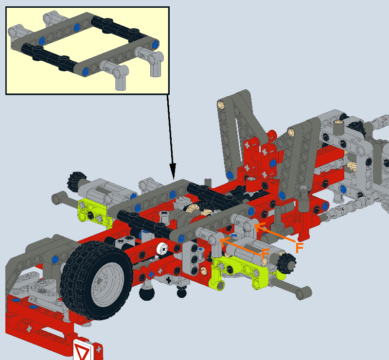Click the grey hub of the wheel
click(x=107, y=282)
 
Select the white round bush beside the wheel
click(x=162, y=248)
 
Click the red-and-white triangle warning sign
click(x=82, y=350)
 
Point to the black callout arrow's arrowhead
click(x=173, y=171)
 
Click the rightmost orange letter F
click(x=300, y=248)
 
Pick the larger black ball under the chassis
click(x=147, y=293)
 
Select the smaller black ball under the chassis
click(x=182, y=292)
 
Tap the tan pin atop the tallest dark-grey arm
click(x=221, y=105)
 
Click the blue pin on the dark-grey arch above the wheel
click(x=55, y=259)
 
